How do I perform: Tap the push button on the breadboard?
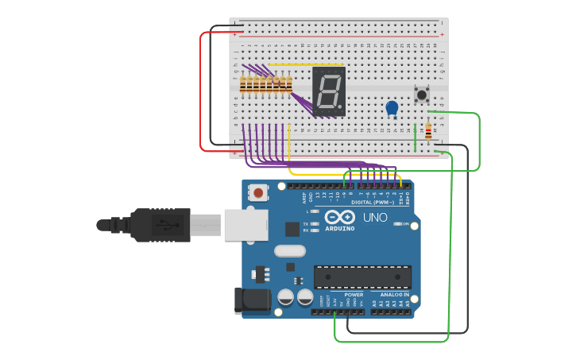point(421,95)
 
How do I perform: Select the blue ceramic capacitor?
point(392,108)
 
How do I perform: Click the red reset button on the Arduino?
point(259,192)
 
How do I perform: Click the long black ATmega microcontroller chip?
point(362,277)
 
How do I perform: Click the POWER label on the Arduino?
point(354,295)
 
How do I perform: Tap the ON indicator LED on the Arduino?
point(396,224)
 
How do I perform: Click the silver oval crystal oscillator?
point(289,251)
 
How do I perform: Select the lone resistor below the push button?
point(428,132)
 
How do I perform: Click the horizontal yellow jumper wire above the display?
point(306,65)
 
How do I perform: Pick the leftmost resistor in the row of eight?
point(243,85)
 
